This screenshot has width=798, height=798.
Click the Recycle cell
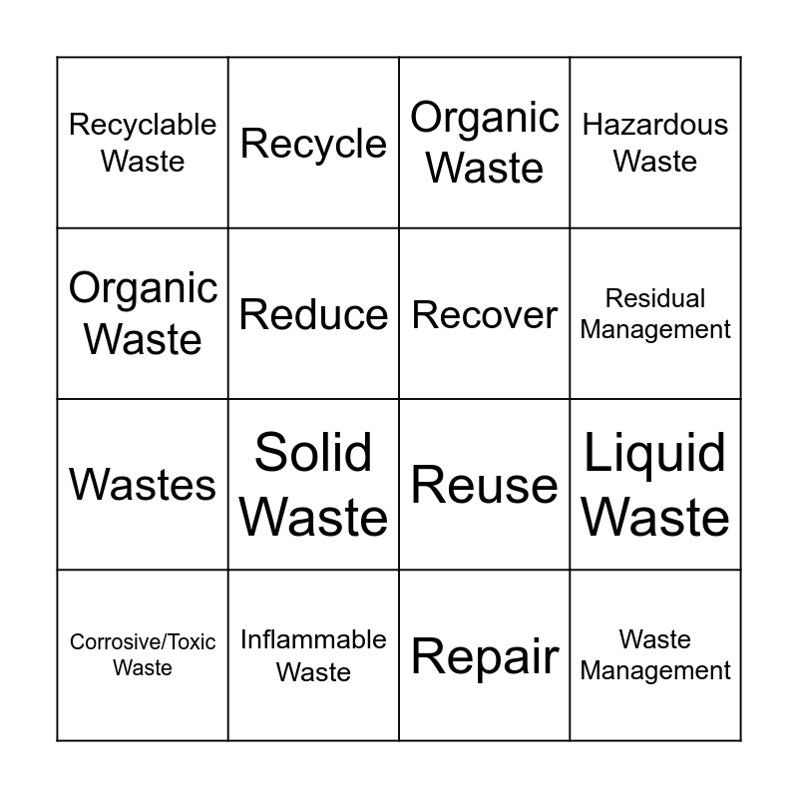point(313,144)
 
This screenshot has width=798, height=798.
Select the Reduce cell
point(313,315)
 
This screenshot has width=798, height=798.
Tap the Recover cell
point(485,315)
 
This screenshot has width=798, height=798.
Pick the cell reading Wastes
point(143,486)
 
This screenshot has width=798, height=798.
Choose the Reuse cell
point(485,486)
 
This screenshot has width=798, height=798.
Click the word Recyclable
point(143,125)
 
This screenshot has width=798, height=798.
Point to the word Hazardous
point(655,125)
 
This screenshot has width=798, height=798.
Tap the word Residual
point(655,298)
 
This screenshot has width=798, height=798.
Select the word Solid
point(313,453)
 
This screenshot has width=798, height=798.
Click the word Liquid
point(655,453)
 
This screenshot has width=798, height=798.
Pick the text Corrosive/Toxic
point(143,642)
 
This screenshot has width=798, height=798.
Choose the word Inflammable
point(313,639)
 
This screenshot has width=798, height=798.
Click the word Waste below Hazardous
point(655,161)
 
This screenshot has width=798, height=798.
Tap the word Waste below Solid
point(313,517)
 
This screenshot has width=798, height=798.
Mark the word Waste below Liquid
point(655,517)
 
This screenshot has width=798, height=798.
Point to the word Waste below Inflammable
point(313,672)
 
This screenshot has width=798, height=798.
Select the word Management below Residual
point(655,329)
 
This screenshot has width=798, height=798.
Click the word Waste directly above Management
point(655,639)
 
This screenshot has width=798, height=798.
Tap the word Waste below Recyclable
point(143,161)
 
